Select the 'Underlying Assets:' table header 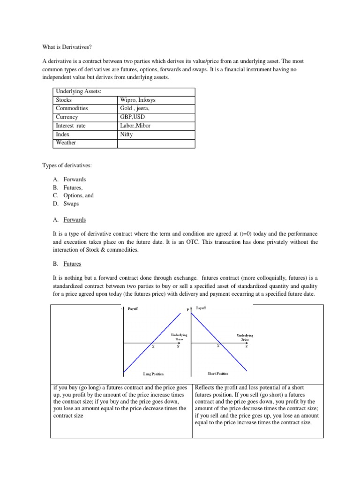click(78, 91)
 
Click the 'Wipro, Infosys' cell click(138, 100)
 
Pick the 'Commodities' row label click(72, 108)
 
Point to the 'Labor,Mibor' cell click(135, 126)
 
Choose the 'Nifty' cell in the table click(127, 134)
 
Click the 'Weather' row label click(66, 142)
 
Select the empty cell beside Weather click(156, 143)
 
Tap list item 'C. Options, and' click(73, 195)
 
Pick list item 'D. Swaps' click(66, 204)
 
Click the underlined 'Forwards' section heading click(75, 220)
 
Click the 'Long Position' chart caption click(153, 374)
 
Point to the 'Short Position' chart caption click(218, 374)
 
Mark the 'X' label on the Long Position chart click(153, 347)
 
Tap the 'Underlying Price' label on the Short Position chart click(245, 337)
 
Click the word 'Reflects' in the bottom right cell click(205, 388)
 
